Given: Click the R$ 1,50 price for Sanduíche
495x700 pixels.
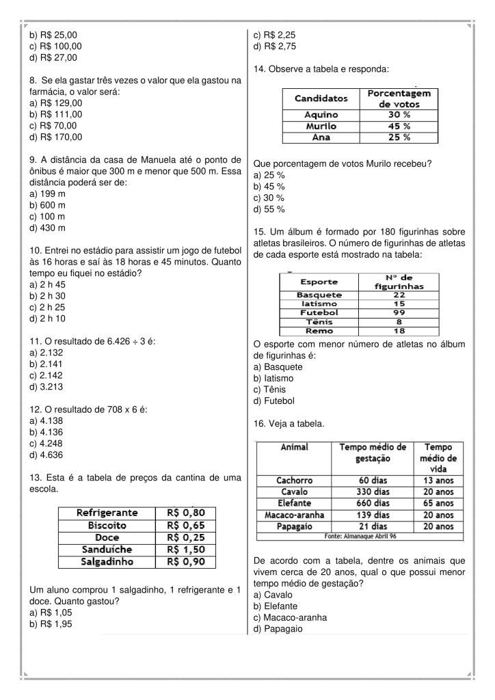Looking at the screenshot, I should click(x=186, y=550).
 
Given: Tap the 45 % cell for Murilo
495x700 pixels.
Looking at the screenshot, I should click(x=399, y=126).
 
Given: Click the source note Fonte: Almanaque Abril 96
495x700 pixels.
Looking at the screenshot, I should click(x=362, y=536).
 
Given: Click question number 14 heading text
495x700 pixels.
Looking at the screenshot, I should click(x=321, y=70).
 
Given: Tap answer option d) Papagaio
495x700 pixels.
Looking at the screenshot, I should click(x=279, y=629).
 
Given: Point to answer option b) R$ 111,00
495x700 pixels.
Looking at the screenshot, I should click(x=55, y=114).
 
